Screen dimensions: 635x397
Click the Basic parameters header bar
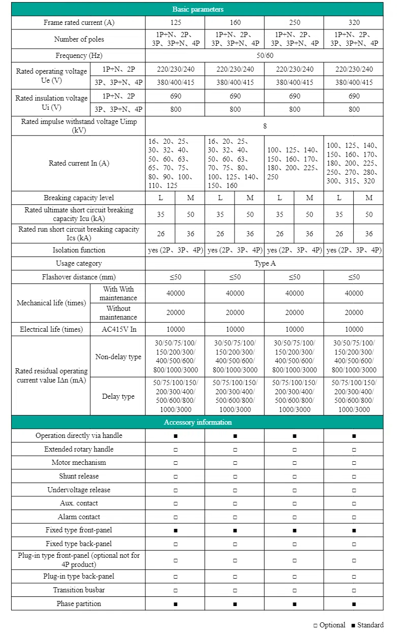pyautogui.click(x=197, y=9)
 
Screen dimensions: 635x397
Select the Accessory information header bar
pyautogui.click(x=197, y=422)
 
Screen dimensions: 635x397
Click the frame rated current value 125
pyautogui.click(x=175, y=23)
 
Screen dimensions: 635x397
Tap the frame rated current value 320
pyautogui.click(x=354, y=23)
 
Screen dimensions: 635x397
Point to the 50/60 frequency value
pyautogui.click(x=264, y=55)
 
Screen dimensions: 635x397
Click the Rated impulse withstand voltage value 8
pyautogui.click(x=264, y=125)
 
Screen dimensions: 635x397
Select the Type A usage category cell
pyautogui.click(x=264, y=264)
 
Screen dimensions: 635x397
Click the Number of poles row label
pyautogui.click(x=78, y=39)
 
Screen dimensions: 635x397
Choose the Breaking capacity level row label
pyautogui.click(x=79, y=198)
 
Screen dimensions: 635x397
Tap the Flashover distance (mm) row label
pyautogui.click(x=78, y=277)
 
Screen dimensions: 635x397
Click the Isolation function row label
pyautogui.click(x=79, y=250)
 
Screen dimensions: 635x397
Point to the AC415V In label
pyautogui.click(x=118, y=329)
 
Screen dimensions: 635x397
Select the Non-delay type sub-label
pyautogui.click(x=118, y=357)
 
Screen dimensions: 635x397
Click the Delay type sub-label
pyautogui.click(x=118, y=396)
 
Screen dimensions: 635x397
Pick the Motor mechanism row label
pyautogui.click(x=79, y=463)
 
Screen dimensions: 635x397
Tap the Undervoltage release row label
pyautogui.click(x=79, y=490)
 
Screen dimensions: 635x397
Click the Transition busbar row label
pyautogui.click(x=79, y=590)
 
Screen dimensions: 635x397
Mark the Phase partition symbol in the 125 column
pyautogui.click(x=175, y=604)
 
